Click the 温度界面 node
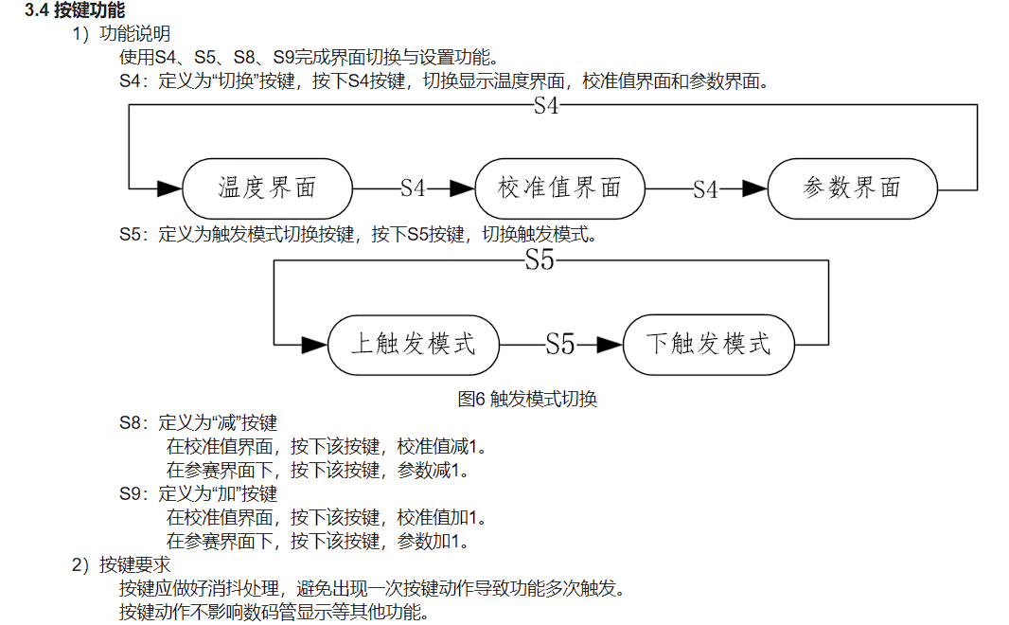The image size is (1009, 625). [x=267, y=187]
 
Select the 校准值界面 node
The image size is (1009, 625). [x=559, y=187]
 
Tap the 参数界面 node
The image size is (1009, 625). [x=852, y=187]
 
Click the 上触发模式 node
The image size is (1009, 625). [x=413, y=343]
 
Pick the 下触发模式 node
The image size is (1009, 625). [x=708, y=343]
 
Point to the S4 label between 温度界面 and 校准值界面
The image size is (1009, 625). [x=413, y=188]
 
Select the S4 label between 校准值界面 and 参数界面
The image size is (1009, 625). [x=705, y=189]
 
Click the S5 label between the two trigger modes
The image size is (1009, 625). [x=560, y=344]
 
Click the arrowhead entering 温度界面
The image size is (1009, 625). [x=168, y=188]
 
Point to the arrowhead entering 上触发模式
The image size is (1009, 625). [x=313, y=344]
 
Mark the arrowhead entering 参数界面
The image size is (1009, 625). [x=754, y=188]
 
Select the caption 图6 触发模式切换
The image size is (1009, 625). [x=527, y=399]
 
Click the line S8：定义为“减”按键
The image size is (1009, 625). [x=198, y=422]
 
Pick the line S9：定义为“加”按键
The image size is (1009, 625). [x=198, y=493]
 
